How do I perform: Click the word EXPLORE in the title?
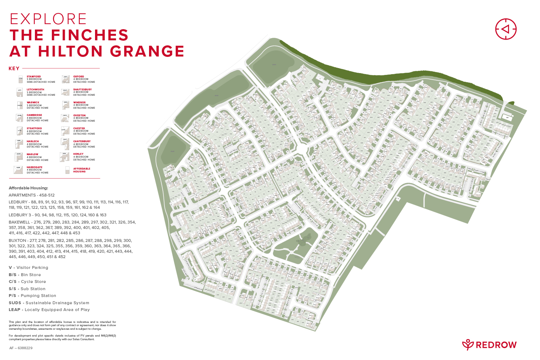[48, 19]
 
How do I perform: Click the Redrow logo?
[489, 345]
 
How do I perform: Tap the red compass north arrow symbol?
[506, 29]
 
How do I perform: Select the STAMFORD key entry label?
[34, 77]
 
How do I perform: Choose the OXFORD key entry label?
[78, 77]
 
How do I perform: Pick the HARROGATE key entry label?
[35, 167]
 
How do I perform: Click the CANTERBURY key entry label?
[82, 141]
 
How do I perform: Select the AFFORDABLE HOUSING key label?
[82, 170]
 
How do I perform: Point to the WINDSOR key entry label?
[80, 103]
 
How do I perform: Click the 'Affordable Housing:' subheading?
[28, 188]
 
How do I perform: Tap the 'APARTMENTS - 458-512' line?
[32, 195]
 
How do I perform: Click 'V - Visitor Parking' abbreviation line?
[28, 267]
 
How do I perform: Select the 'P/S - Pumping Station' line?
[32, 296]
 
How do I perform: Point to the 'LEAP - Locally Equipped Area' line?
[49, 310]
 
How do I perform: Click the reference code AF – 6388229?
[21, 348]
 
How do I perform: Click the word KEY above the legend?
[14, 68]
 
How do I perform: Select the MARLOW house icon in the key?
[18, 157]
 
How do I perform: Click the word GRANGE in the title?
[147, 51]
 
